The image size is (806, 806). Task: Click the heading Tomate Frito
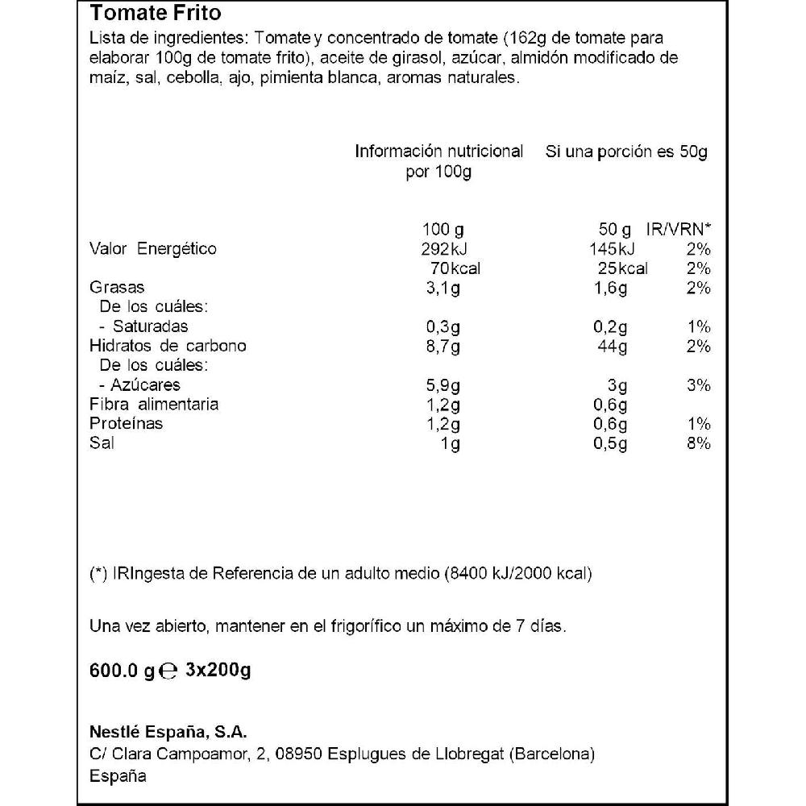tap(155, 14)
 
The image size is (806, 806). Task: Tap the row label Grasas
tap(117, 288)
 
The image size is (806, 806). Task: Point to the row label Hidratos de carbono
tap(168, 346)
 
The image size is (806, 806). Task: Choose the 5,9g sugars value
tap(442, 385)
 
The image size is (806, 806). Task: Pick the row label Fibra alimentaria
tap(154, 405)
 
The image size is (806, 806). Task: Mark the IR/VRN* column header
tap(679, 229)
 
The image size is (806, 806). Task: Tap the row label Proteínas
tap(126, 424)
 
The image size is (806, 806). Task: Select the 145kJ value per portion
tap(612, 248)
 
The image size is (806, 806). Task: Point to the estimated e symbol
tap(168, 671)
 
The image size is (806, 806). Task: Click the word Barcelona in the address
tap(551, 754)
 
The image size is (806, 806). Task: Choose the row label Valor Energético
tap(152, 248)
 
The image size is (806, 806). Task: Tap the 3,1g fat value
tap(442, 288)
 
